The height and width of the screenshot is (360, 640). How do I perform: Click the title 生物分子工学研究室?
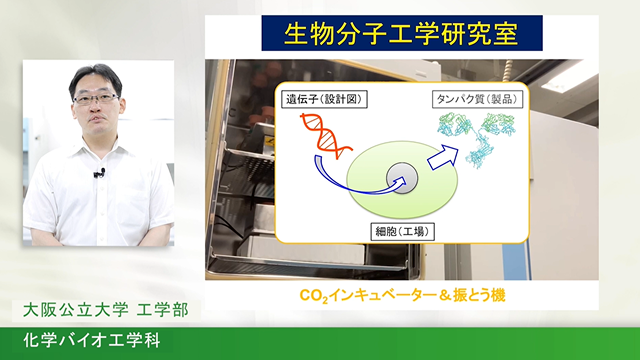(x=402, y=33)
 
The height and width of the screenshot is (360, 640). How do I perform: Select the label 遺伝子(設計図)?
(x=324, y=99)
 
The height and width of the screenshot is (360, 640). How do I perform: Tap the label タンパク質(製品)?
(x=477, y=99)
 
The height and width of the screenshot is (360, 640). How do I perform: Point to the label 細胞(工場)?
(x=402, y=232)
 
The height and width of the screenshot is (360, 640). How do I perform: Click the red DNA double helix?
(x=325, y=136)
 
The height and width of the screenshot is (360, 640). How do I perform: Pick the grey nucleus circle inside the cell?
(x=402, y=178)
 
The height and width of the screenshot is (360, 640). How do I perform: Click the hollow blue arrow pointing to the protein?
(x=442, y=158)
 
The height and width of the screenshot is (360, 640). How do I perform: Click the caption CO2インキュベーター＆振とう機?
(x=402, y=295)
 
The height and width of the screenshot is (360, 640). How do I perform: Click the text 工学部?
(x=162, y=310)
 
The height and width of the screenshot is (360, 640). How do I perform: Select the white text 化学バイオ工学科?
(x=92, y=340)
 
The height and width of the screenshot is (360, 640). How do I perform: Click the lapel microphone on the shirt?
(x=100, y=173)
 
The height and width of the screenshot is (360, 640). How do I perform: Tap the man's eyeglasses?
(x=96, y=98)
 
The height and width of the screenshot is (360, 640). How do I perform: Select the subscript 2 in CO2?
(x=325, y=300)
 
